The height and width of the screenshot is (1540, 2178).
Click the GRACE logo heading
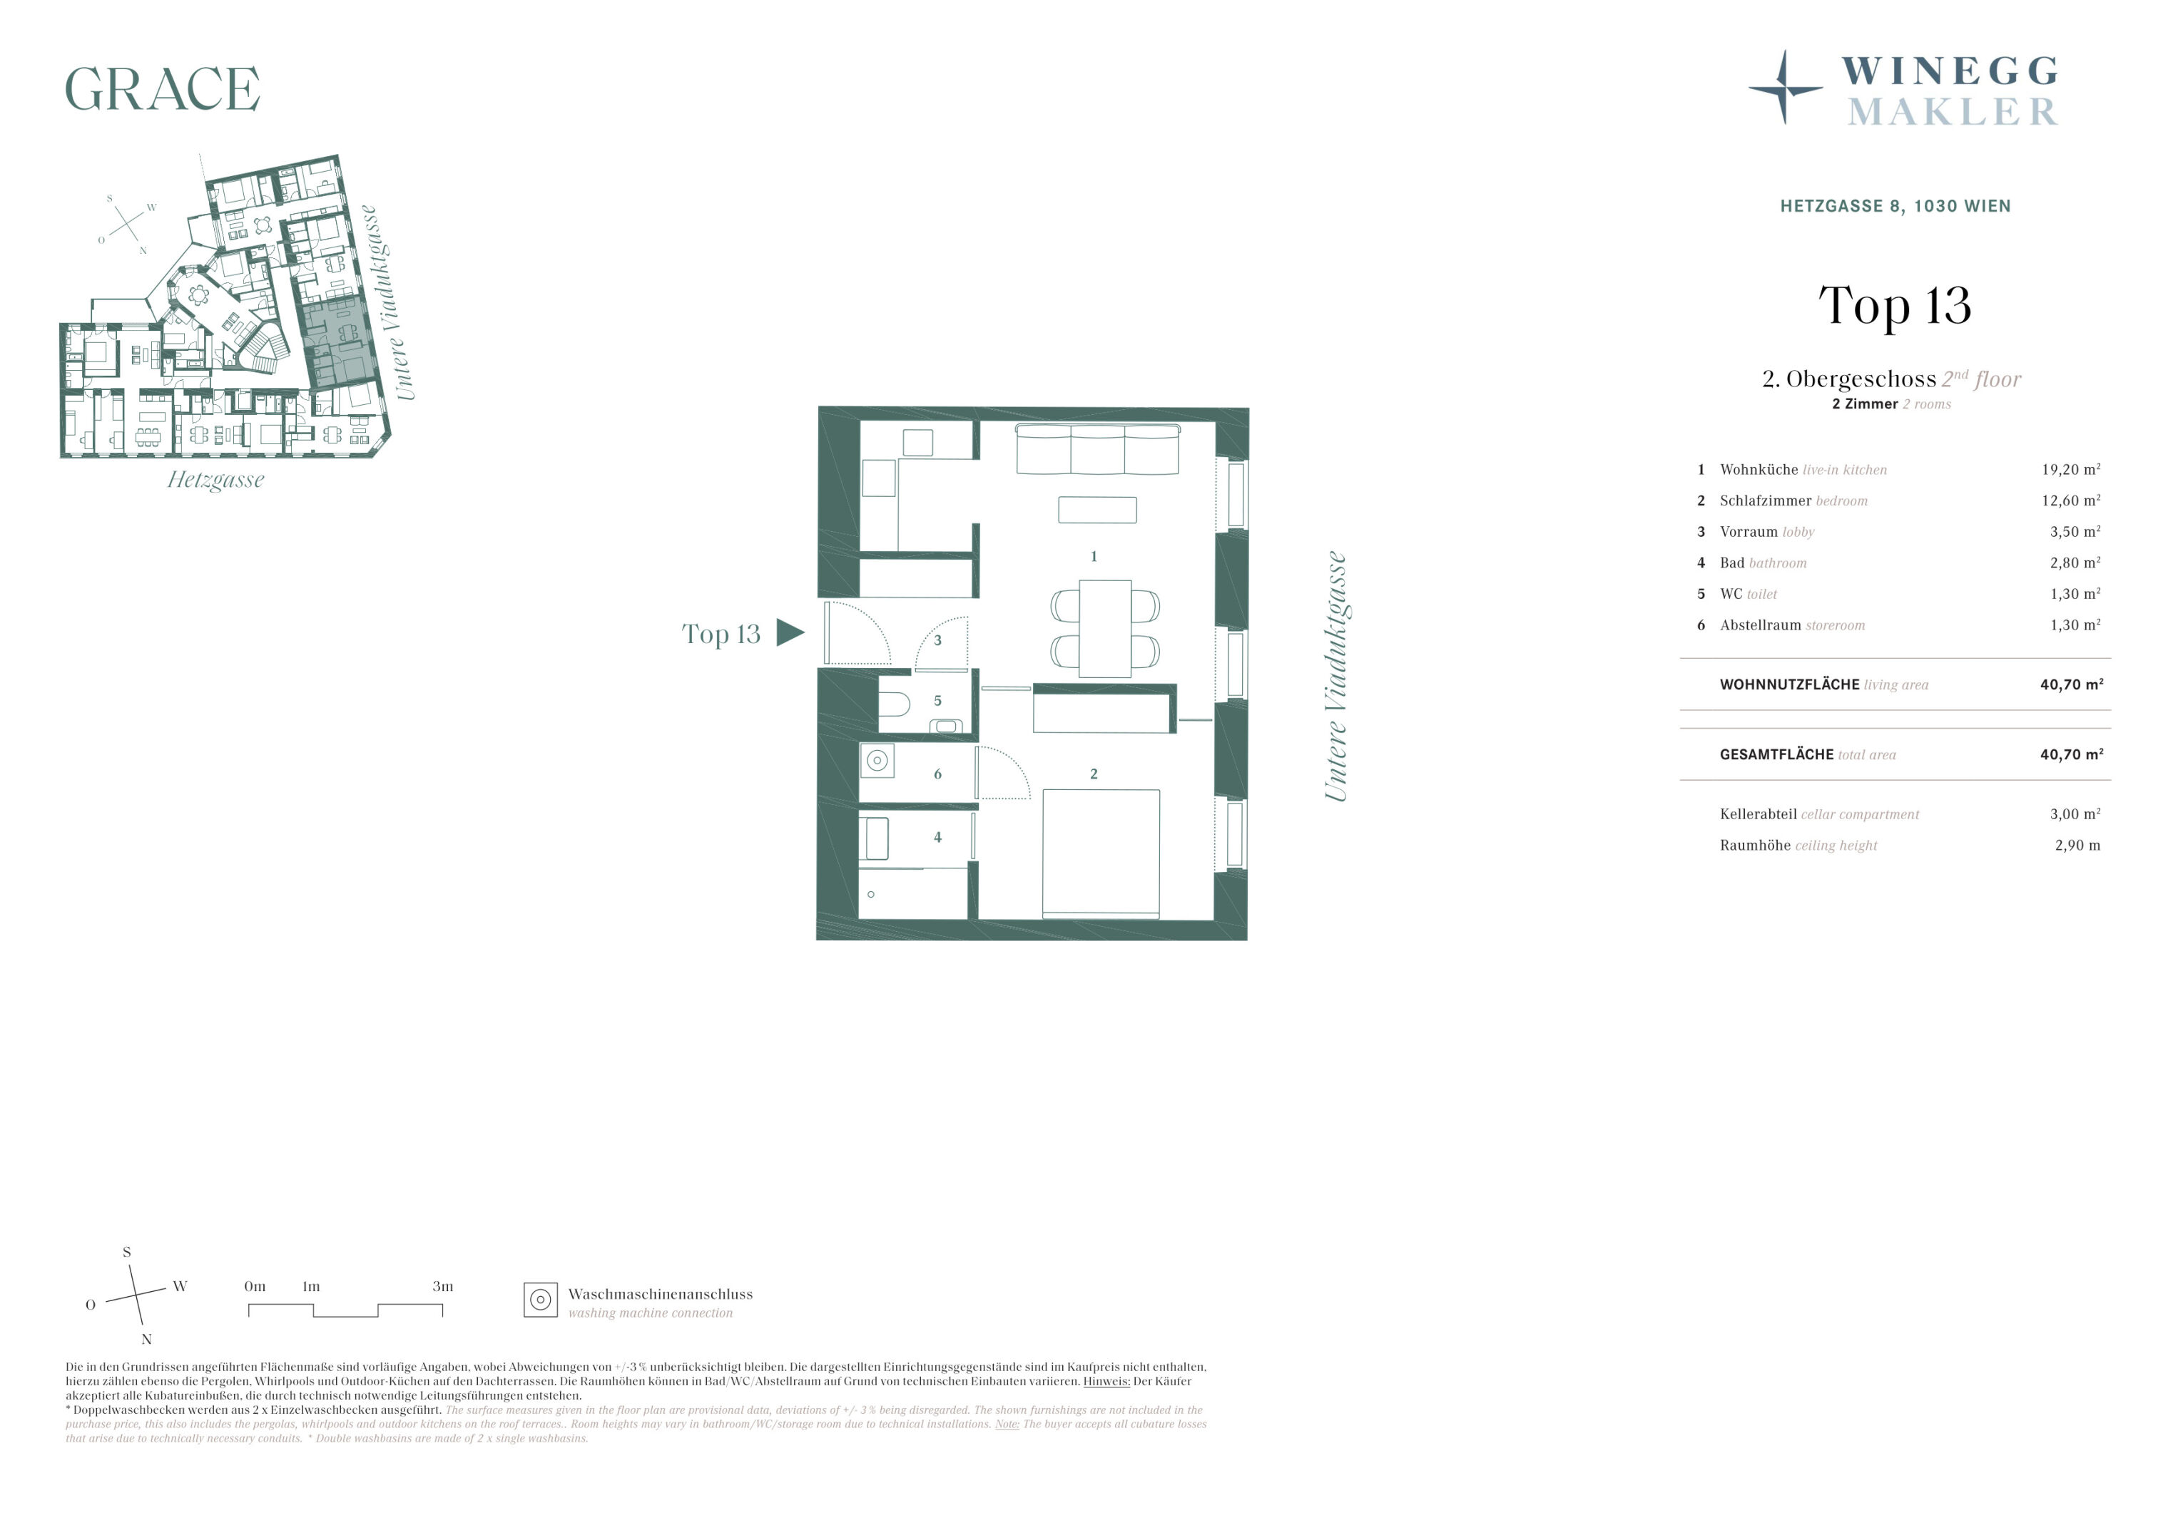(162, 89)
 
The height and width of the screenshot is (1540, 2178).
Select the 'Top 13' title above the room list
(1894, 305)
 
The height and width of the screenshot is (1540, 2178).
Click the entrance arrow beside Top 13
(789, 632)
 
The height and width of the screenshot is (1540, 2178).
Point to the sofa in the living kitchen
(1097, 449)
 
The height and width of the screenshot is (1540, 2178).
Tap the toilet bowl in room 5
(894, 704)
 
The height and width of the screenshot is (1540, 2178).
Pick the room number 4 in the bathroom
(937, 837)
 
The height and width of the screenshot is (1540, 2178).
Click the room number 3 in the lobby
(937, 640)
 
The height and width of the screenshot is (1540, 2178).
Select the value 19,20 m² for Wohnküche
(2071, 469)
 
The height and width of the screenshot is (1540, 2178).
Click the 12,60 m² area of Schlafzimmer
(2071, 500)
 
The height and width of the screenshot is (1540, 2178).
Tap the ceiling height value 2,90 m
(2077, 845)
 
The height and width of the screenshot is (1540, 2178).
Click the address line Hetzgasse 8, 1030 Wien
(1895, 206)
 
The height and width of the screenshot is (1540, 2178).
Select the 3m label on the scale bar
(443, 1287)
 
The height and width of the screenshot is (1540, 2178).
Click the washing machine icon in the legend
(541, 1300)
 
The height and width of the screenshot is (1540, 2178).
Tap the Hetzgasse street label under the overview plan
(216, 480)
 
